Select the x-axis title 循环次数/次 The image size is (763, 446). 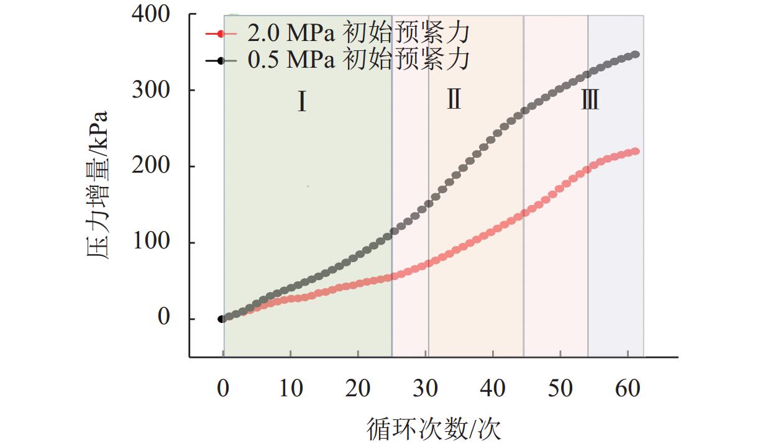pyautogui.click(x=434, y=428)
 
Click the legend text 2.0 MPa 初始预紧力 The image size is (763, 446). pyautogui.click(x=357, y=33)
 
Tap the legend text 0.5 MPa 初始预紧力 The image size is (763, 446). pyautogui.click(x=357, y=60)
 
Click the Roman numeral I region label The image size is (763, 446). pyautogui.click(x=302, y=102)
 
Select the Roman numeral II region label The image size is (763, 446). pyautogui.click(x=454, y=99)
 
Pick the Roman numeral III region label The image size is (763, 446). pyautogui.click(x=590, y=99)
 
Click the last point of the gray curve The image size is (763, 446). pyautogui.click(x=635, y=55)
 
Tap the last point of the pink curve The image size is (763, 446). pyautogui.click(x=635, y=152)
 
